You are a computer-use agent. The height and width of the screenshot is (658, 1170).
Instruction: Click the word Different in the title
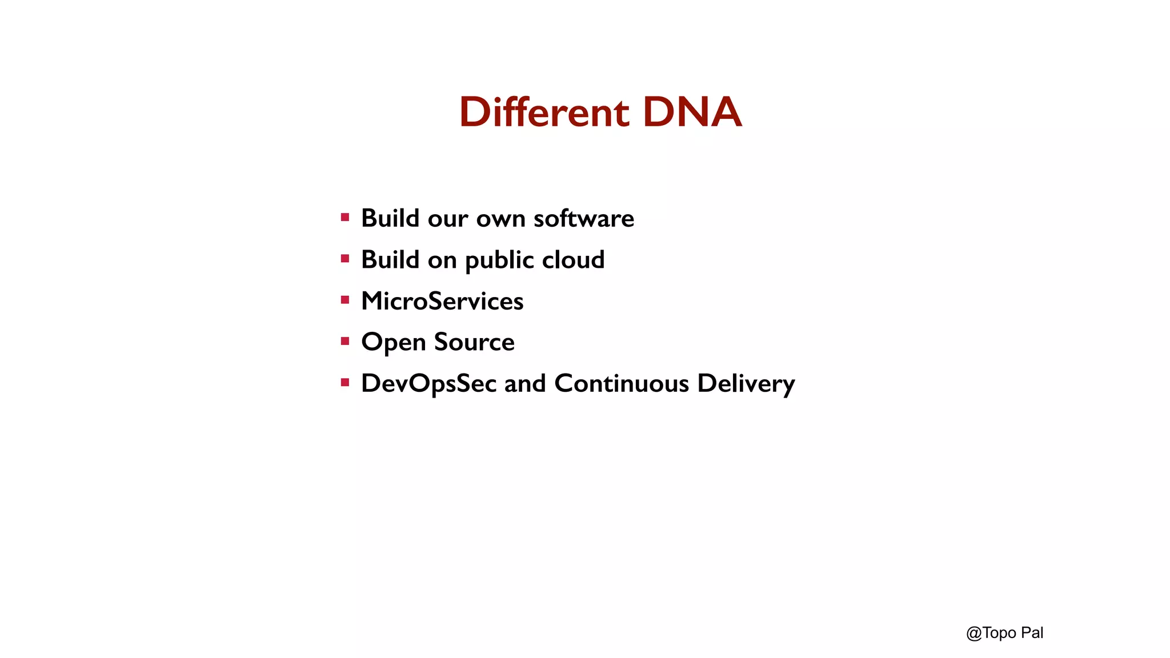click(x=544, y=112)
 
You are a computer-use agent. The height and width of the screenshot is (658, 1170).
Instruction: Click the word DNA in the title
click(x=692, y=112)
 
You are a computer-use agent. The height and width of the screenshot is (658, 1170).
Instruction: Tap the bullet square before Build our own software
click(x=345, y=217)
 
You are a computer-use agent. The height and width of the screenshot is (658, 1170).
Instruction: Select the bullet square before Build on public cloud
click(x=345, y=259)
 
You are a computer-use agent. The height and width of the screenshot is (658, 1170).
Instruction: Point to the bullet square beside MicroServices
click(x=345, y=300)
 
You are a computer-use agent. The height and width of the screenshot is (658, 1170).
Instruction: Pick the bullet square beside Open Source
click(x=345, y=342)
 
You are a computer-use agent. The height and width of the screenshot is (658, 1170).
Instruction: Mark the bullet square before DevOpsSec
click(x=345, y=383)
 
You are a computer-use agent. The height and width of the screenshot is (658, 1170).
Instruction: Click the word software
click(x=583, y=218)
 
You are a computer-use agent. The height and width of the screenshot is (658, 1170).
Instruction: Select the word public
click(x=499, y=260)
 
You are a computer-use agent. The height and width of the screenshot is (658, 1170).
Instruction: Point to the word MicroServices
click(x=442, y=301)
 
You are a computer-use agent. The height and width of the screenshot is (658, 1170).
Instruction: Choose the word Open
click(x=393, y=343)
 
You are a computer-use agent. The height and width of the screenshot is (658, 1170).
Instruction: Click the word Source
click(x=474, y=342)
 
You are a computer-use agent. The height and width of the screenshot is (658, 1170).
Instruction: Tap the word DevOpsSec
click(x=428, y=384)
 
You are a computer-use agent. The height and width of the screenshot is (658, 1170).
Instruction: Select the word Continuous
click(x=622, y=383)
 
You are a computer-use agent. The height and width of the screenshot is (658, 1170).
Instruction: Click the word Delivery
click(x=746, y=384)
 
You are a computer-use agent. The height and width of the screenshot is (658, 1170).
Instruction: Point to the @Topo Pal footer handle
click(x=1004, y=633)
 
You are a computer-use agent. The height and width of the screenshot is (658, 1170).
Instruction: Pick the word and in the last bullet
click(x=525, y=383)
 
